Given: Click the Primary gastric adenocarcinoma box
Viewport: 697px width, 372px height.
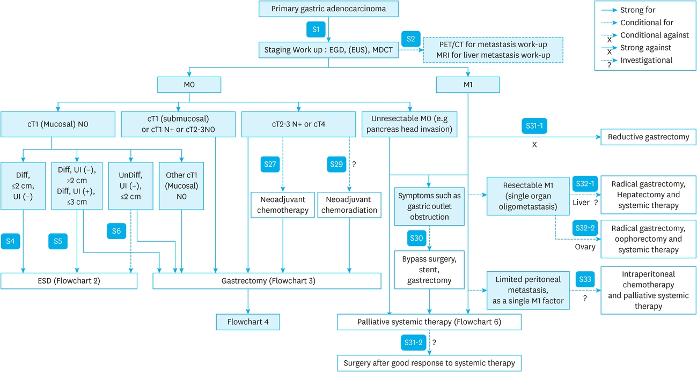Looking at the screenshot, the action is [328, 9].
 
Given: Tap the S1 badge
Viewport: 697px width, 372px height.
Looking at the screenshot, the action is [316, 29].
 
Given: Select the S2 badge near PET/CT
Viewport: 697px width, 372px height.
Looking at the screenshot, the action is [410, 39].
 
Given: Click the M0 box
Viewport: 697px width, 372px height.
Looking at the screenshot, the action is [189, 85].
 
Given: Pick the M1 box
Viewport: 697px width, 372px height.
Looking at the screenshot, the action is [468, 85].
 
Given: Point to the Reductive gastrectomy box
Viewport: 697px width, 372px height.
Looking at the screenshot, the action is [648, 137].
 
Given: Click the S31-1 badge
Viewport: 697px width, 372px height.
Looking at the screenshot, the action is [534, 126].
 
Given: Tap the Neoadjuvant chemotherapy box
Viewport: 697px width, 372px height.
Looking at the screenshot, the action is [283, 205].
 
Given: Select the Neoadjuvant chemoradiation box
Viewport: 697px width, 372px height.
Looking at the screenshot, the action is [349, 205].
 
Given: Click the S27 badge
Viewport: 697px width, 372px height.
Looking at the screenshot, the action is [270, 164].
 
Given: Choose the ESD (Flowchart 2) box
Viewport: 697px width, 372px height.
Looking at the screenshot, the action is [69, 281].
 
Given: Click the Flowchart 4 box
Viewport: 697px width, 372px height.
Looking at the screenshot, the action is [248, 322].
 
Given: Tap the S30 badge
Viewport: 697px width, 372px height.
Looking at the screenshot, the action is [417, 238].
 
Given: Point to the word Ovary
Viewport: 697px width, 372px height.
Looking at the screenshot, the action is [585, 247].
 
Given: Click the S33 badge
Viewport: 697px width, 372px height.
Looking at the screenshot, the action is [585, 279].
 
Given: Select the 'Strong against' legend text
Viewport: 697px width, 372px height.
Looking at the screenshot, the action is [645, 48].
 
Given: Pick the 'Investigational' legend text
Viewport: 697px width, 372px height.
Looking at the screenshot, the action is [646, 60].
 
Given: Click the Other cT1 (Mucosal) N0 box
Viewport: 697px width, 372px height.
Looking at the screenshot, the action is [181, 186].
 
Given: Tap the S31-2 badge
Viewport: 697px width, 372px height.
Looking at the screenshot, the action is [414, 343].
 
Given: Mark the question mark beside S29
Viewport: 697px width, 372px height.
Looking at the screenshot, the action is [354, 164].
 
